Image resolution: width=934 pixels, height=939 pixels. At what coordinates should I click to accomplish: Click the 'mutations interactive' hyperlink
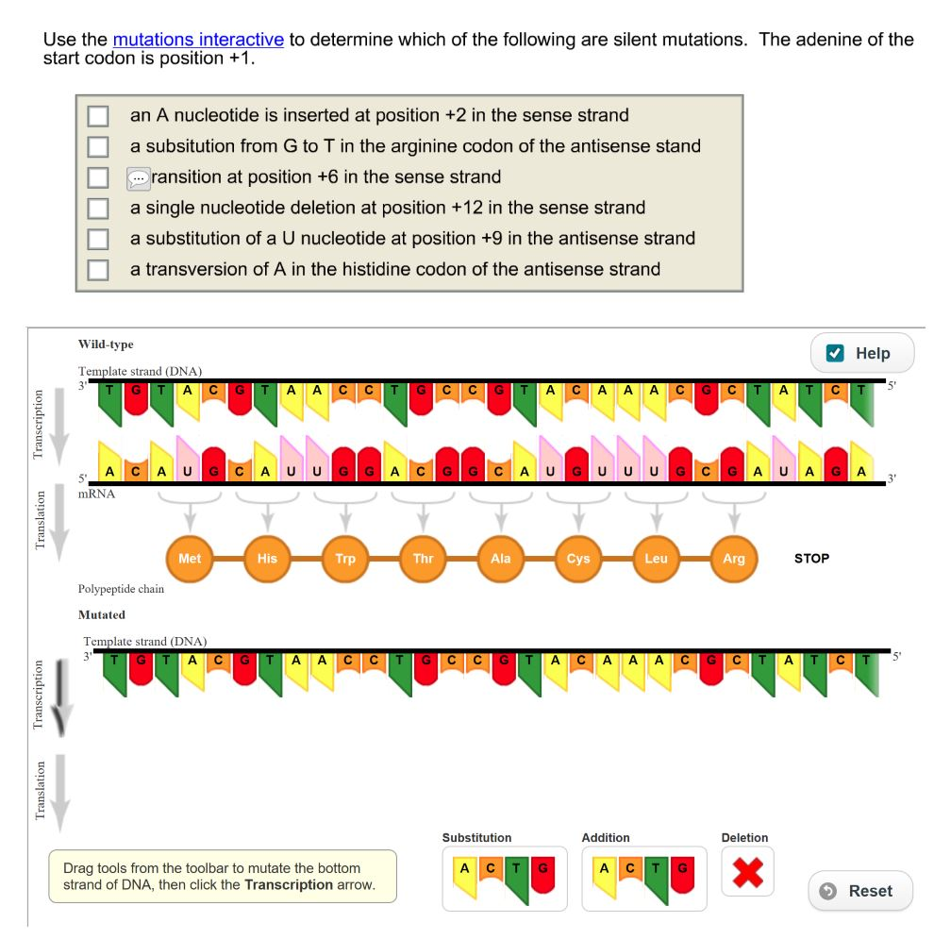(x=198, y=40)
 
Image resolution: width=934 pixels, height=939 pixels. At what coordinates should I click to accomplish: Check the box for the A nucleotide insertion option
(x=98, y=116)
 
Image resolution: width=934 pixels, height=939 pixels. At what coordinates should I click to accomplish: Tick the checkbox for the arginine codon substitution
(x=98, y=147)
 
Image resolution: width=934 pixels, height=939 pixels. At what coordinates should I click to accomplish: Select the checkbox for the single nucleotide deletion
(x=98, y=209)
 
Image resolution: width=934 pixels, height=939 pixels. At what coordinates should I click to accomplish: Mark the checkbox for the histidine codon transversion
(x=98, y=270)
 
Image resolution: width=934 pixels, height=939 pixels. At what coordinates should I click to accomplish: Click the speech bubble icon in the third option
(x=138, y=177)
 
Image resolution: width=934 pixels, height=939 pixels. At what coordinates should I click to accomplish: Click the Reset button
(x=859, y=891)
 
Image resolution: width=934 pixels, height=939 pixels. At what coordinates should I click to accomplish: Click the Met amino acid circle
(x=190, y=559)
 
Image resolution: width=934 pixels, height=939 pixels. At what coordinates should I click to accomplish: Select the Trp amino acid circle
(x=345, y=559)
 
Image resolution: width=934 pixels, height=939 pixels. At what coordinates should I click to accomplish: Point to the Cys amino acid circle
(x=578, y=559)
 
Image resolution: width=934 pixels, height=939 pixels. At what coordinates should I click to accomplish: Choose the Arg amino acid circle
(x=733, y=559)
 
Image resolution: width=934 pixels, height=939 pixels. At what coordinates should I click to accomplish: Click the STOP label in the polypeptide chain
(x=811, y=559)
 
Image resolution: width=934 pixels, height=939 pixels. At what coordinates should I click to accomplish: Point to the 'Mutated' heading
(x=101, y=614)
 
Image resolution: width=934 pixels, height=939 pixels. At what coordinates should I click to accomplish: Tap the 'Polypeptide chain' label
(x=121, y=589)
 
